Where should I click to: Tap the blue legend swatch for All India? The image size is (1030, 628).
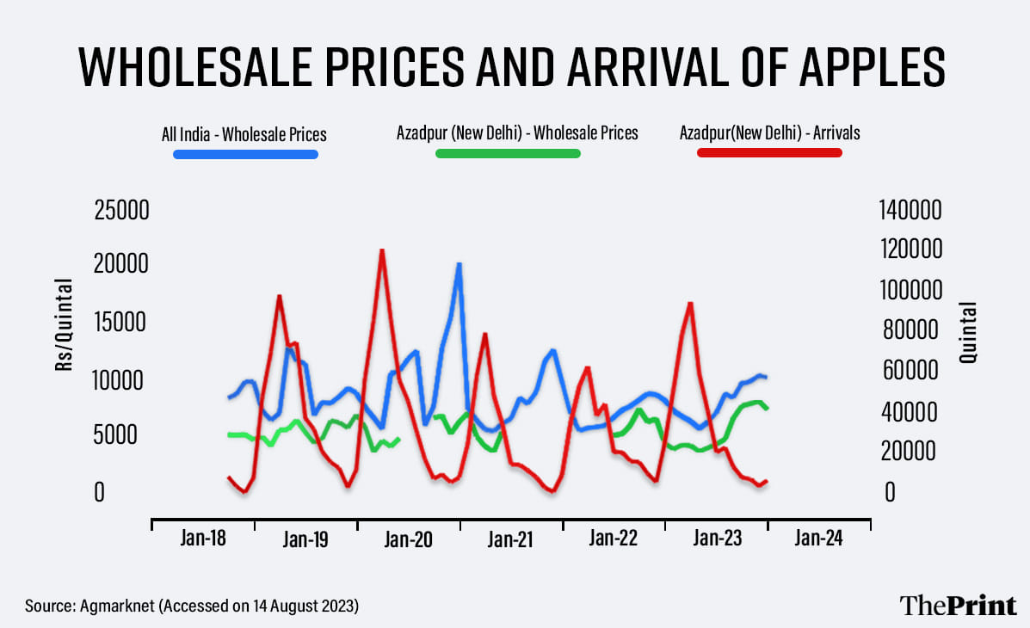click(245, 155)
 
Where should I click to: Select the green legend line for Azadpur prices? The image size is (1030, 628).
click(508, 154)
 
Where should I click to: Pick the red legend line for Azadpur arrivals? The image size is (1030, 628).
click(769, 153)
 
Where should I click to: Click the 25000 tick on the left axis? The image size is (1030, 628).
click(121, 210)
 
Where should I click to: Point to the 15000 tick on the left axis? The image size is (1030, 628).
click(121, 323)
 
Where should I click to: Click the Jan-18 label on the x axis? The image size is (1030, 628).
click(204, 539)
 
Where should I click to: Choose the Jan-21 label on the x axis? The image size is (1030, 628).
click(510, 539)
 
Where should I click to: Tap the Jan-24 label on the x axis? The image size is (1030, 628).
click(818, 539)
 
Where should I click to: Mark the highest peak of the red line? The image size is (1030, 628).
click(381, 250)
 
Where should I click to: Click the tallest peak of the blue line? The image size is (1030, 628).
click(459, 264)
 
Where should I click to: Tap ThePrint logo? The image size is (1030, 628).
click(958, 605)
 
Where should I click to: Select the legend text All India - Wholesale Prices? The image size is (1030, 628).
click(244, 134)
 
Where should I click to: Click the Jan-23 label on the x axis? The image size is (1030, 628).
click(716, 539)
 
